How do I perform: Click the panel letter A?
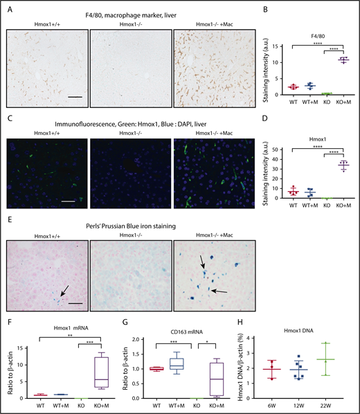6,6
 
